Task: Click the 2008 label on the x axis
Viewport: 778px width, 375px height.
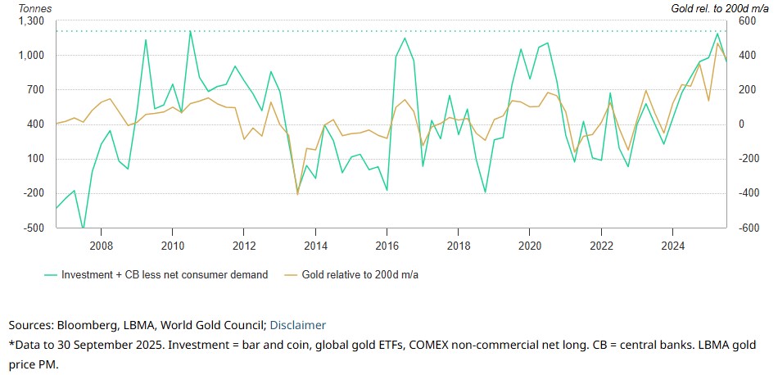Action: (101, 245)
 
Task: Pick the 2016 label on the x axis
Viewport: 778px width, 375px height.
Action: (387, 245)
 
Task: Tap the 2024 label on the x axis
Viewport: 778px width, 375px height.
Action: (672, 245)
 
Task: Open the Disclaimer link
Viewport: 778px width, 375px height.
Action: (298, 325)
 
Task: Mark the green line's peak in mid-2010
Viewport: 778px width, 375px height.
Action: (190, 31)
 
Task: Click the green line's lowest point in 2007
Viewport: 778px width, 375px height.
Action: (83, 230)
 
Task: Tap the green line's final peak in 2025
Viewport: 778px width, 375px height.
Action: (717, 34)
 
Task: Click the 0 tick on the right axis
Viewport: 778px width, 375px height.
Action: (742, 124)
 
